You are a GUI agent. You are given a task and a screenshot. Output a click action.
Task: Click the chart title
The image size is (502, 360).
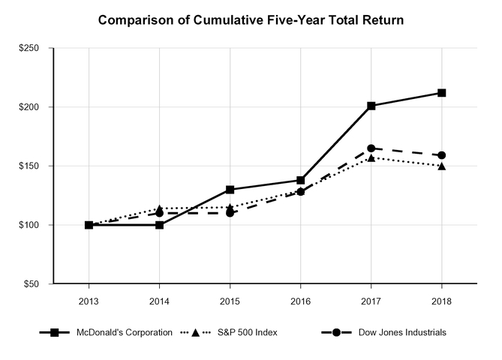251,19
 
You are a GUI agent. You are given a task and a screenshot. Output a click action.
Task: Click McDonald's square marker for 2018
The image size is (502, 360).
441,93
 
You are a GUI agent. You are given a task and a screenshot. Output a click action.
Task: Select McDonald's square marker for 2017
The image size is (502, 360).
371,106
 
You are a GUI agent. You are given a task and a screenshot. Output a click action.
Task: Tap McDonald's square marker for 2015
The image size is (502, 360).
230,190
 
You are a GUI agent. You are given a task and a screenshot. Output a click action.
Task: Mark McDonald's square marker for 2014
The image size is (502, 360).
159,225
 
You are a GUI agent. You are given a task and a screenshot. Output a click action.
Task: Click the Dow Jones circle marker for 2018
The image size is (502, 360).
441,155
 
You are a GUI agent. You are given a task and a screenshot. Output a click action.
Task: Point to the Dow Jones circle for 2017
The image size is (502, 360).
371,148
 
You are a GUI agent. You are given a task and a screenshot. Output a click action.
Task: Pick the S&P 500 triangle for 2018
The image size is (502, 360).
441,166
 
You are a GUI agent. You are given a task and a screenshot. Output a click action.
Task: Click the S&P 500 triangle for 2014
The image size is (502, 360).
159,208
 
